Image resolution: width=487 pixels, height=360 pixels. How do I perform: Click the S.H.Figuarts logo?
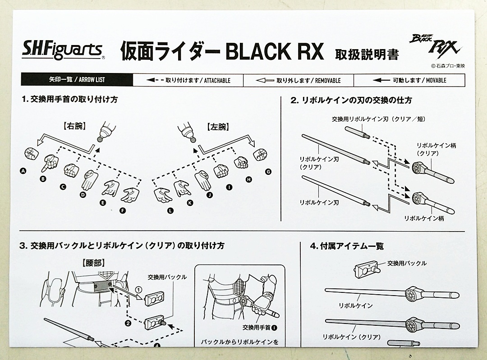[x=63, y=48]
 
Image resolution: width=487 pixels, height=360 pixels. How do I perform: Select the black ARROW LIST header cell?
[x=77, y=80]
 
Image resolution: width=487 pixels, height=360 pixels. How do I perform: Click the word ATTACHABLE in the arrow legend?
[x=211, y=80]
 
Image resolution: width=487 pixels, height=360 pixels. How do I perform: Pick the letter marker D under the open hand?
[x=83, y=195]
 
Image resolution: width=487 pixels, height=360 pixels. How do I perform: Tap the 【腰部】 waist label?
[x=93, y=261]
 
